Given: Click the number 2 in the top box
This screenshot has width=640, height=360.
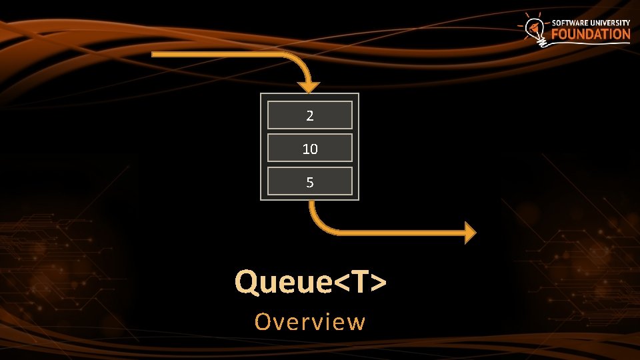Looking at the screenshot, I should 309,115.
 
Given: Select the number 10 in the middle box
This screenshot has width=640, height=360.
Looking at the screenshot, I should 309,149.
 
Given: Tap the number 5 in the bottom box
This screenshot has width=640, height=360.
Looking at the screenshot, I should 309,182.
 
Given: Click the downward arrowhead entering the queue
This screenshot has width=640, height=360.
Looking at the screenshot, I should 309,87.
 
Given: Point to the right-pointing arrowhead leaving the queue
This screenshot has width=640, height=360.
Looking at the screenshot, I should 470,232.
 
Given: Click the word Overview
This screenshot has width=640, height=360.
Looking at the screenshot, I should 310,322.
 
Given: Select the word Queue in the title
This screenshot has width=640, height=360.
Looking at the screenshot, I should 283,282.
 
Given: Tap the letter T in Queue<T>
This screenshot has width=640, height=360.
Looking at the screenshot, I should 359,282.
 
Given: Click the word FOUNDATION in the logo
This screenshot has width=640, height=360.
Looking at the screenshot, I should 591,35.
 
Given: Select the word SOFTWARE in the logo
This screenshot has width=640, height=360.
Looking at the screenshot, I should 571,23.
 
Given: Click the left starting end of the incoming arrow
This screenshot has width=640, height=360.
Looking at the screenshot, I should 155,54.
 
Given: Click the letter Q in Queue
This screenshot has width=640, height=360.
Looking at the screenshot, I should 246,282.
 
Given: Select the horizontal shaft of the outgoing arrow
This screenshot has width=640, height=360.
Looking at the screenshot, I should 400,232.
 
